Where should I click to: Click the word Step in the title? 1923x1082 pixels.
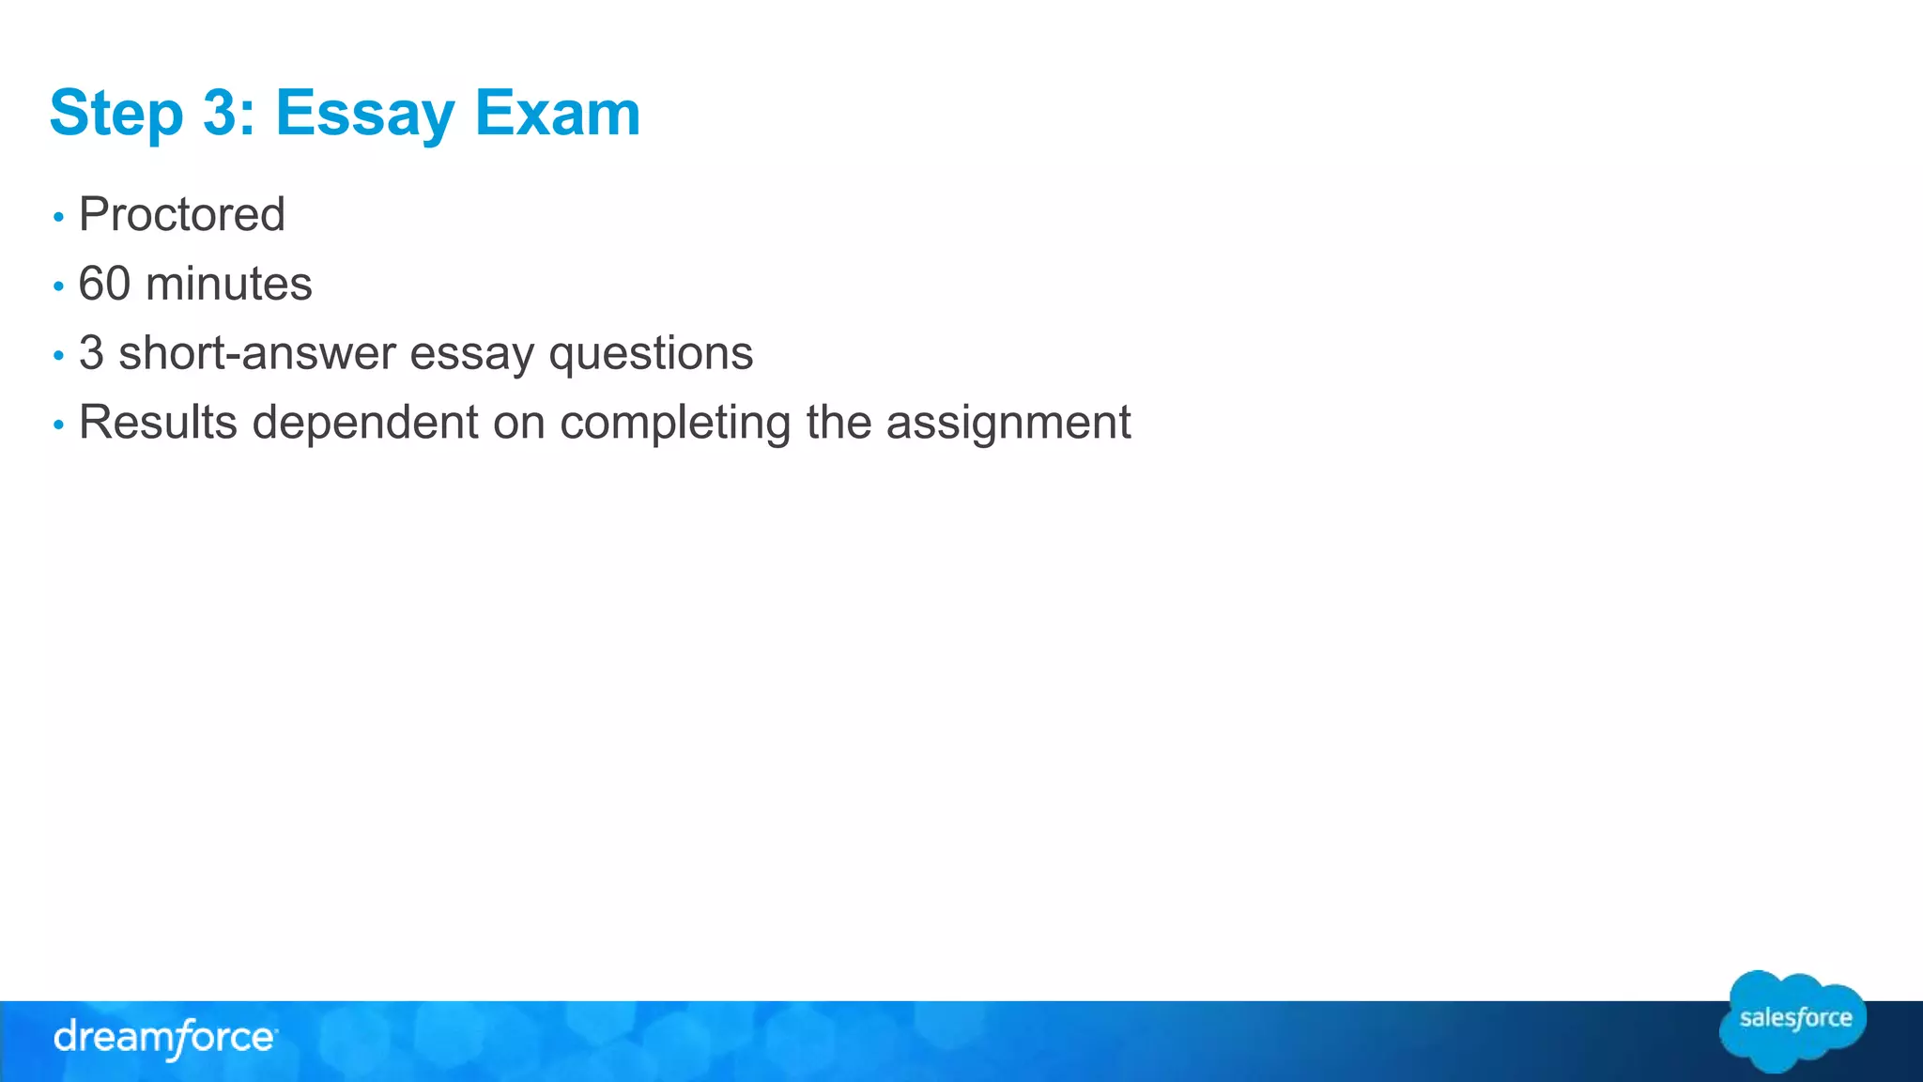point(115,114)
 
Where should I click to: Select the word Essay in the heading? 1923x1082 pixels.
point(364,114)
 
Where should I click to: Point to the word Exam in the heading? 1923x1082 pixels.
point(558,114)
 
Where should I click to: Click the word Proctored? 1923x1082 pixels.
point(181,214)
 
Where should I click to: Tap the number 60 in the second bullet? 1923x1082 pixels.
point(104,284)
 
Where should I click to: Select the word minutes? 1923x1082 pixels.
point(228,284)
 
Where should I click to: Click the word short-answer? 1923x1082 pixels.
point(256,353)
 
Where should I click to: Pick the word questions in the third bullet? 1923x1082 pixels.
point(651,353)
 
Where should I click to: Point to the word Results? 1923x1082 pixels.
point(158,422)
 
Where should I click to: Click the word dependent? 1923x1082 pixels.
point(365,422)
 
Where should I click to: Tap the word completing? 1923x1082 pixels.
point(675,422)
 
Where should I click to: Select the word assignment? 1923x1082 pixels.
point(1008,422)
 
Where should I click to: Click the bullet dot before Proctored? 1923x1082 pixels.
point(58,217)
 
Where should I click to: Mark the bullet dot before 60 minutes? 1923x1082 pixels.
point(58,286)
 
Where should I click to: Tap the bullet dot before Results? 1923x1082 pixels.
point(58,425)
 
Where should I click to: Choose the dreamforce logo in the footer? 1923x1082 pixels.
point(165,1038)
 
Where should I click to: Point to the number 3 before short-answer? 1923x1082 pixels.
point(91,353)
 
